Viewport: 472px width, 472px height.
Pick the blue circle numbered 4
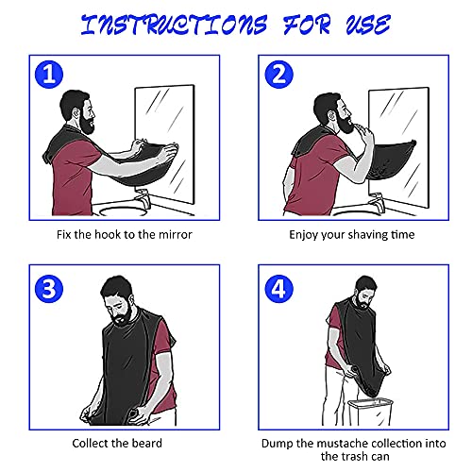278,287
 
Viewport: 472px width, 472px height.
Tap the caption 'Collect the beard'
116,443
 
